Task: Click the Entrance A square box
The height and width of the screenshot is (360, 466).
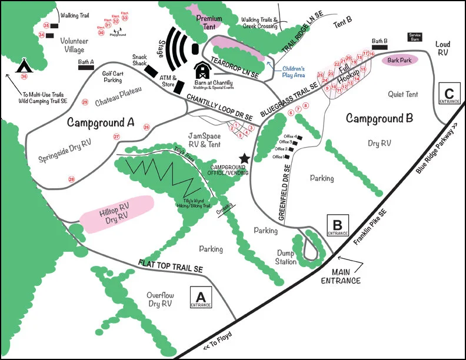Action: (x=201, y=298)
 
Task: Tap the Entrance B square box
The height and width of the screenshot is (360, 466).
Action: (x=338, y=226)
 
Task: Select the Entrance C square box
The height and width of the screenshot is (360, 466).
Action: (x=450, y=94)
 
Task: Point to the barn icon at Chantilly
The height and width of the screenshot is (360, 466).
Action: (x=202, y=71)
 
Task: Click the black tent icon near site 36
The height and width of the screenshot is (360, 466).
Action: (x=25, y=64)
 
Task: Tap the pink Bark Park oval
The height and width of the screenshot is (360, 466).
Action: (x=400, y=59)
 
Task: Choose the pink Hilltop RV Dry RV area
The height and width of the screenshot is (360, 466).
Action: (x=116, y=212)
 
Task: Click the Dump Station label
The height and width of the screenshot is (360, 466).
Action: (x=287, y=257)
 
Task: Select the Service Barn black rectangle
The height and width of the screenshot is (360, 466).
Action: (x=415, y=37)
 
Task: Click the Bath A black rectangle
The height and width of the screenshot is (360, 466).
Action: (x=86, y=66)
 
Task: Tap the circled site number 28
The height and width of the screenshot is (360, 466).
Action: (x=71, y=179)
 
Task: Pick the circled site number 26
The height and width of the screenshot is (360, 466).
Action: (x=147, y=126)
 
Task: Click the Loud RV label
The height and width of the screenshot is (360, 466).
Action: (x=443, y=49)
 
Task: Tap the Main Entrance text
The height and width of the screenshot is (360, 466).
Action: (x=341, y=276)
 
